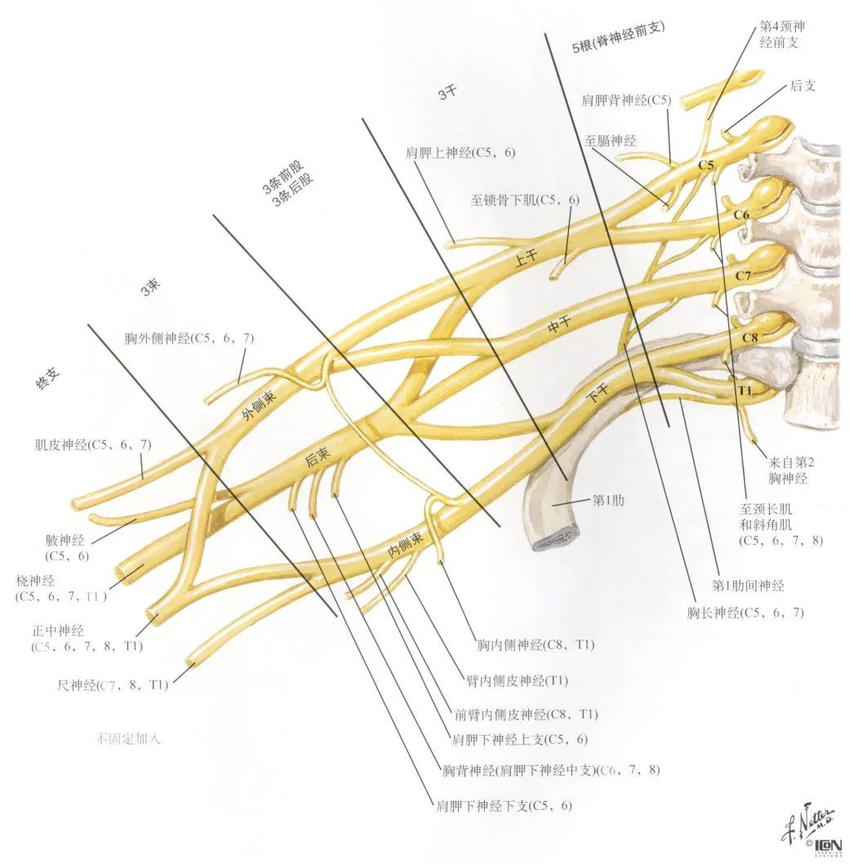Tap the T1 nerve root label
744,390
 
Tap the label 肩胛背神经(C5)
626,101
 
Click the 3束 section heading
151,287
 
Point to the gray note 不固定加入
129,739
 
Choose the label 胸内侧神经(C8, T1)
536,645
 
